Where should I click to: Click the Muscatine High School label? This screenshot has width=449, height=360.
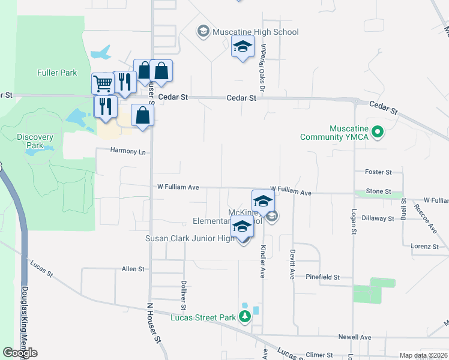pos(255,32)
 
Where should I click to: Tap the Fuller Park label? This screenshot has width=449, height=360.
pos(57,73)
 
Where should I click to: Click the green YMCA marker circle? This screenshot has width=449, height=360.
pos(378,132)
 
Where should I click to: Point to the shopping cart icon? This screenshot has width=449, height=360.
pos(103,83)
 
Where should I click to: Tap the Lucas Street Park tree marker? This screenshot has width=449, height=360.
pos(244,316)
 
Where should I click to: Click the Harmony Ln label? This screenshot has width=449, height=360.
pos(128,152)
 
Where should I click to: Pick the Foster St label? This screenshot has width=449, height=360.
pos(378,172)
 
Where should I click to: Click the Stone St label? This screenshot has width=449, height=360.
pos(378,191)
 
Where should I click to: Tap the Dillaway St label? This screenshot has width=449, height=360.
pos(378,218)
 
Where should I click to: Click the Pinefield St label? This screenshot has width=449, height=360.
pos(322,277)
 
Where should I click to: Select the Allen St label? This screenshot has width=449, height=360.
pos(133,269)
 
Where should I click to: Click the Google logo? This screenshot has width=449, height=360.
pos(20,353)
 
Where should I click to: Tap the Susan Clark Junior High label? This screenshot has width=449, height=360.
pos(191,238)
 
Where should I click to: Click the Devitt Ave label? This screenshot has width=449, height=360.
pos(292,264)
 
